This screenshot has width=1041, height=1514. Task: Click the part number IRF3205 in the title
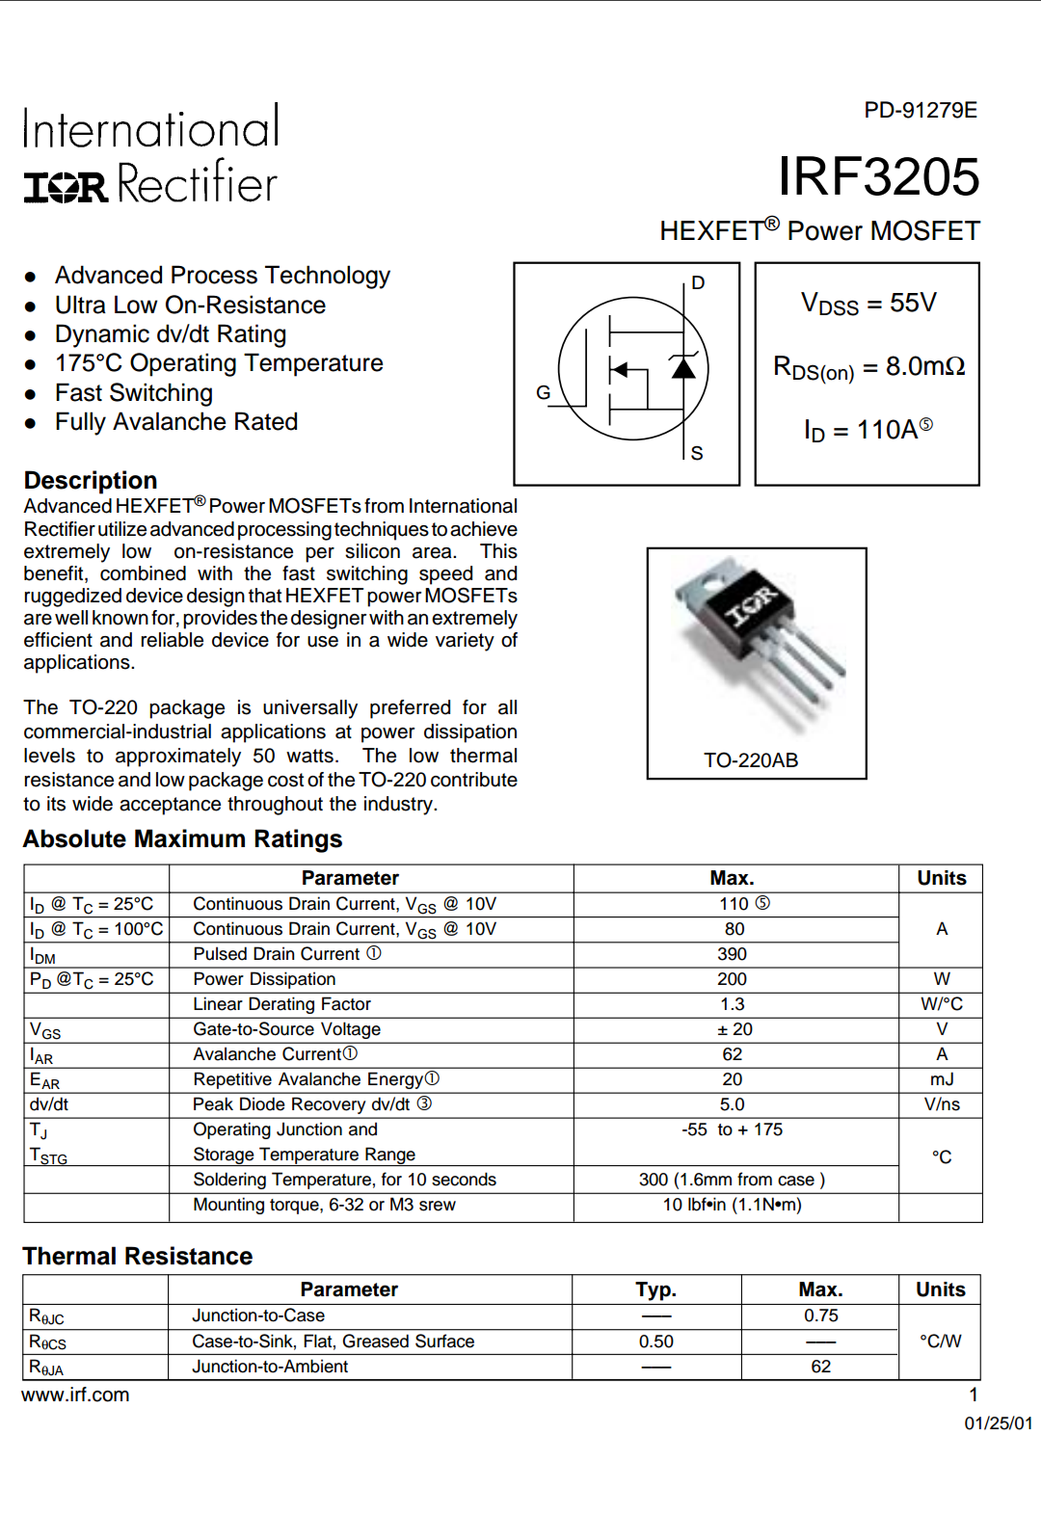(878, 176)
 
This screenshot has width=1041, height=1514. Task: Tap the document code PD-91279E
(920, 110)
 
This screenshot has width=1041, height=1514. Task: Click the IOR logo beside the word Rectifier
(65, 186)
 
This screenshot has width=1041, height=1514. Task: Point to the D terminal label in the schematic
(698, 282)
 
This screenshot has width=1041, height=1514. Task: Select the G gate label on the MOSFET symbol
(543, 392)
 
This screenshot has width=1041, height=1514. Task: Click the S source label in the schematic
(697, 453)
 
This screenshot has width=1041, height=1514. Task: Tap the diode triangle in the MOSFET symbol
(683, 367)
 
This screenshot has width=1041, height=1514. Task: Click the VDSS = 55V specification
(867, 304)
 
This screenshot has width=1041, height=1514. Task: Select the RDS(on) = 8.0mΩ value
(867, 367)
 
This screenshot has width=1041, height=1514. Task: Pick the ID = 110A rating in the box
(867, 430)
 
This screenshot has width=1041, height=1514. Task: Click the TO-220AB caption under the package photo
(751, 760)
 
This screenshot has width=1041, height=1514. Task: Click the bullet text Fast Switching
(134, 393)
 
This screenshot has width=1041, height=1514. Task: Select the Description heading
(91, 480)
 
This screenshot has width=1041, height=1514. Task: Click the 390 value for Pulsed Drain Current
(732, 954)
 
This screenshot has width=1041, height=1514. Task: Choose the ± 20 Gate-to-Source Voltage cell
(734, 1029)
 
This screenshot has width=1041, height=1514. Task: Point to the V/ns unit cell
(942, 1104)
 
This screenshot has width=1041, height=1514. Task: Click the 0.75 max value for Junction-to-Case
(821, 1315)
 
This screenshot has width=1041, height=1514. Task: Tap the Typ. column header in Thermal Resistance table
(655, 1289)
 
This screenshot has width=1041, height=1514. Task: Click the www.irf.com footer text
(75, 1394)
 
